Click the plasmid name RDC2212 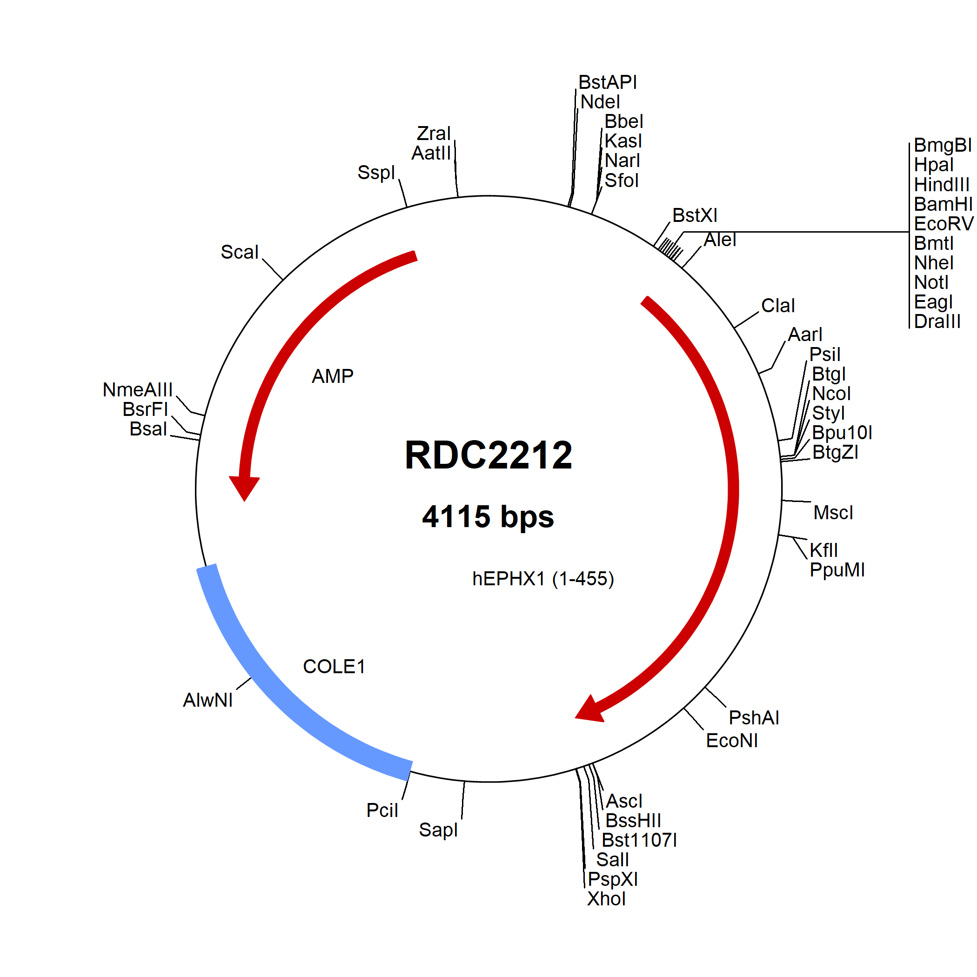tap(488, 455)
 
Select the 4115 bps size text tap(488, 517)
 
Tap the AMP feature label tap(332, 376)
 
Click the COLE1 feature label tap(334, 667)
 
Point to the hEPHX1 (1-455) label tap(542, 578)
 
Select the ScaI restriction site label tap(239, 252)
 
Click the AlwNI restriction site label tap(208, 700)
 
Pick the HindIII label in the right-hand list tap(942, 185)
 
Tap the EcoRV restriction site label tap(944, 223)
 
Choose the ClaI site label tap(778, 306)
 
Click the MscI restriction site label tap(833, 513)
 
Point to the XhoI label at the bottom tap(606, 899)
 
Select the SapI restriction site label tap(438, 830)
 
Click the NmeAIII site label tap(138, 390)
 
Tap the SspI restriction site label tap(376, 173)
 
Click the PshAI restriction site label tap(754, 717)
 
